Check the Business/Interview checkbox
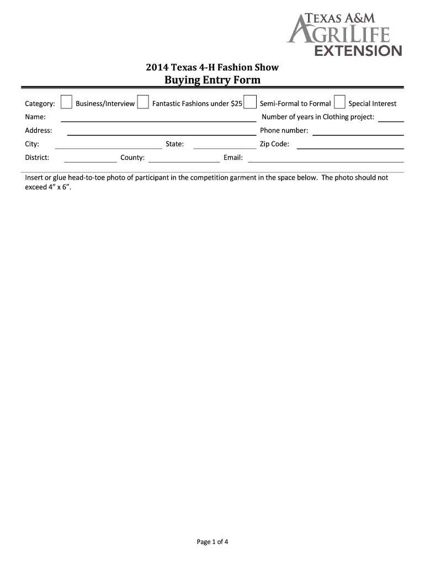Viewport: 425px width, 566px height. coord(66,102)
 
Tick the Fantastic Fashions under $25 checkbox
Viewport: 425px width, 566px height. coord(143,102)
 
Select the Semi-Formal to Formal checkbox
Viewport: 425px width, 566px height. coord(251,102)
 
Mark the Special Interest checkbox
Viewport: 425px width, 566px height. coord(339,102)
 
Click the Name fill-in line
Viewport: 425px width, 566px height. coord(158,119)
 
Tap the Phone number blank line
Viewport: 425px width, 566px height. coord(358,133)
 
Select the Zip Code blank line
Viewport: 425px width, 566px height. coord(350,146)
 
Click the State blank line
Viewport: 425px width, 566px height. coord(217,146)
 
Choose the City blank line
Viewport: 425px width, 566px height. coord(108,146)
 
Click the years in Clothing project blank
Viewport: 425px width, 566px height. coord(391,119)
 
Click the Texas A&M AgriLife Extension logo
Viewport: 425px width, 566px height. coord(345,35)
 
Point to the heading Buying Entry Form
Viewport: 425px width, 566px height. coord(212,80)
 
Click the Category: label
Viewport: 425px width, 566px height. coord(40,103)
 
